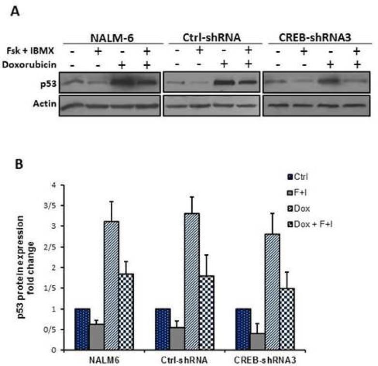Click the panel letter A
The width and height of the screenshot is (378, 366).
15,11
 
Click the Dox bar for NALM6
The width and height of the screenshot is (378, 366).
113,285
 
